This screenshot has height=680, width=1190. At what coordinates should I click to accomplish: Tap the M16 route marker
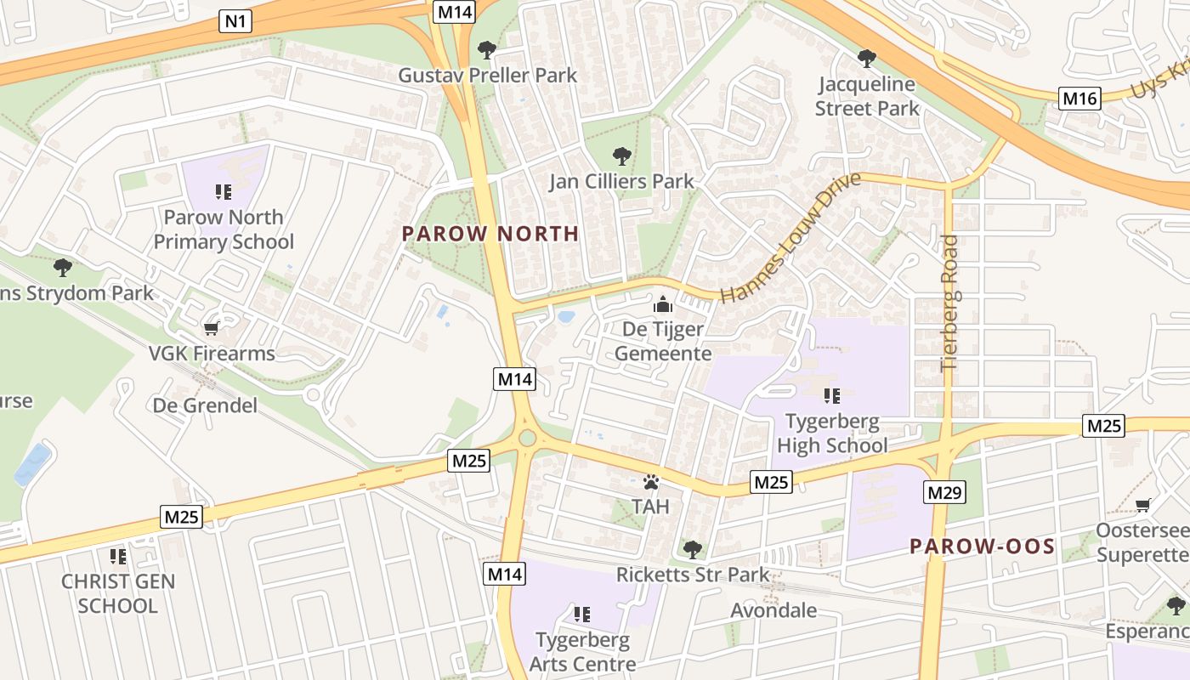click(x=1079, y=99)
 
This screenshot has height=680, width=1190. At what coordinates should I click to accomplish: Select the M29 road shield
click(x=943, y=492)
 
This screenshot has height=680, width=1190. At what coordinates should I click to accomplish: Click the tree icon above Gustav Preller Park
click(x=486, y=50)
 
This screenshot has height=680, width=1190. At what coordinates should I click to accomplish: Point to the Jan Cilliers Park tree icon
click(x=622, y=156)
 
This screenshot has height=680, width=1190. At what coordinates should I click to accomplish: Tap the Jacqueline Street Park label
click(x=867, y=96)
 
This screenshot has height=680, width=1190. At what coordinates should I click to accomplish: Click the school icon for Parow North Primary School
click(x=224, y=192)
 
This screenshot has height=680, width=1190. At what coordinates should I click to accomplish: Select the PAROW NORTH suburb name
click(x=490, y=234)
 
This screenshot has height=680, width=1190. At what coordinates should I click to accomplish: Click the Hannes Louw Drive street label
click(x=790, y=238)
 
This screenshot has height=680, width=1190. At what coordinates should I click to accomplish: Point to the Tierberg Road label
click(x=949, y=303)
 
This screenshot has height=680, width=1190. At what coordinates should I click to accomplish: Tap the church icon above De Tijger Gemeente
click(x=662, y=303)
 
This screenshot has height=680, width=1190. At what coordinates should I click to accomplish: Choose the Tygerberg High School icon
click(x=831, y=395)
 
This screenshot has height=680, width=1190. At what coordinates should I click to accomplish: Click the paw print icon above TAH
click(x=651, y=482)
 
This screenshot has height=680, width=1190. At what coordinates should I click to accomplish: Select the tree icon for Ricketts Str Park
click(x=693, y=549)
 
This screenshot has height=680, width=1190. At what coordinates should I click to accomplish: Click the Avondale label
click(x=773, y=610)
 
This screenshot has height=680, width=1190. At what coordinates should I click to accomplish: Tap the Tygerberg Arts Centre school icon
click(x=582, y=614)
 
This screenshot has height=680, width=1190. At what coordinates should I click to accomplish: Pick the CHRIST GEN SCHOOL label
click(x=118, y=593)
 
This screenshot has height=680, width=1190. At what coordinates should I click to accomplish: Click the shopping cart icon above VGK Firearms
click(x=211, y=328)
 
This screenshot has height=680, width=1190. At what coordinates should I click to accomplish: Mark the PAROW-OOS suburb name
click(x=982, y=547)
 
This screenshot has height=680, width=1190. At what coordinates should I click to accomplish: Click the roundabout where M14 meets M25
click(x=527, y=439)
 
